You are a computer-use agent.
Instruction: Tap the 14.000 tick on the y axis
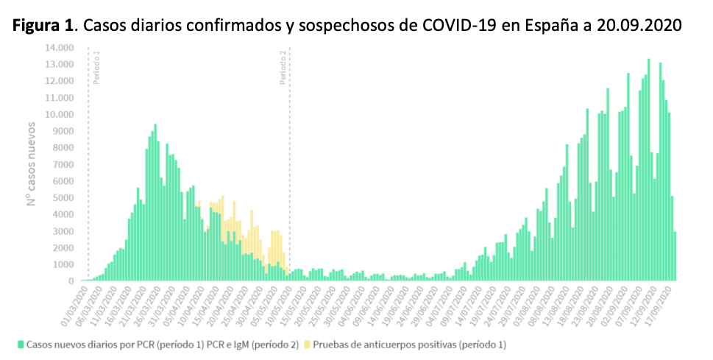59,47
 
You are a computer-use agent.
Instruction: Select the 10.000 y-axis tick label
59,114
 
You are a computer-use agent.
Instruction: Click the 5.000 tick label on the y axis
62,197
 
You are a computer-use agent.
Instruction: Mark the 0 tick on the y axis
71,280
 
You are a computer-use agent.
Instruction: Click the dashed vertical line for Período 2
290,184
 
